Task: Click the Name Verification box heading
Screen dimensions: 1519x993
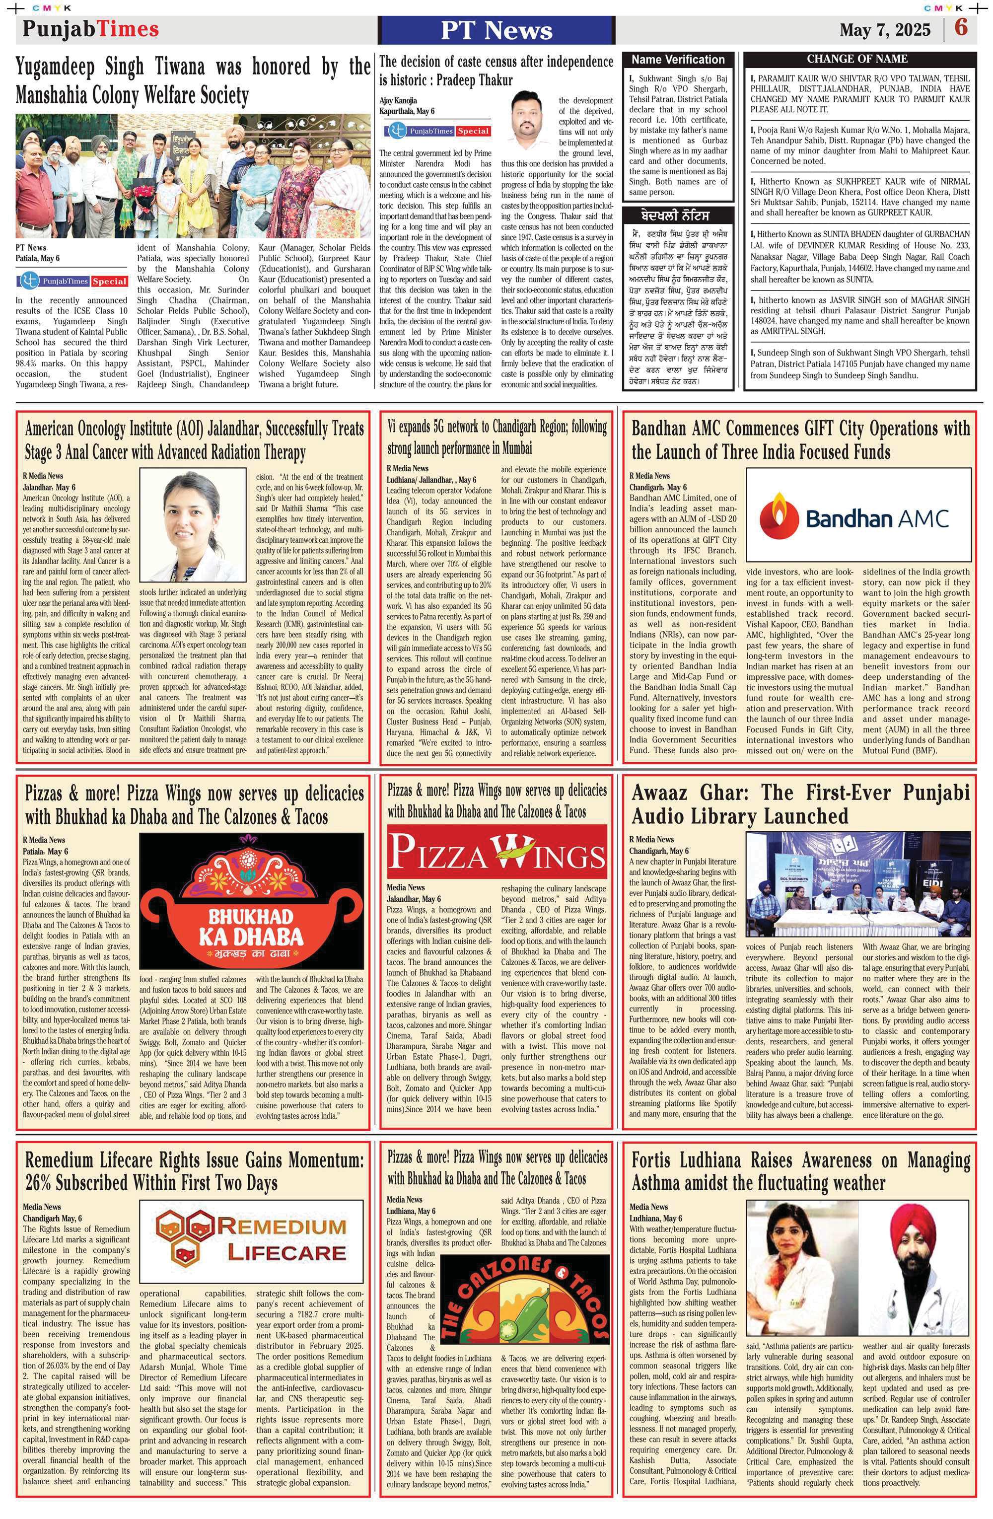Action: click(678, 60)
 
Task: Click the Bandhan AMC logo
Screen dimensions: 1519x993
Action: click(858, 514)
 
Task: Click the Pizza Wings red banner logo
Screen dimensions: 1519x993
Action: click(496, 853)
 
